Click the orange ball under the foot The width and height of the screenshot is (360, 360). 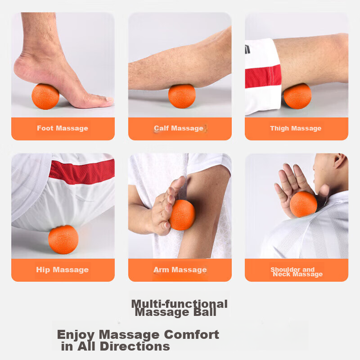pyautogui.click(x=45, y=96)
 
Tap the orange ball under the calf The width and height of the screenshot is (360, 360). pyautogui.click(x=182, y=96)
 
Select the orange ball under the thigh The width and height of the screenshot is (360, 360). pyautogui.click(x=297, y=96)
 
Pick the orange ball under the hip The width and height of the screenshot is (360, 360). pyautogui.click(x=63, y=240)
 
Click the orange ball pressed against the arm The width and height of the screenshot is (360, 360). pyautogui.click(x=182, y=215)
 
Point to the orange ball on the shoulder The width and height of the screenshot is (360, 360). pyautogui.click(x=303, y=204)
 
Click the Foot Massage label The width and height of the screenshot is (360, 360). pyautogui.click(x=63, y=128)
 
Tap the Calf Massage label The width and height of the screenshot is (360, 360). pyautogui.click(x=179, y=128)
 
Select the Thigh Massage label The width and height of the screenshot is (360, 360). pyautogui.click(x=296, y=128)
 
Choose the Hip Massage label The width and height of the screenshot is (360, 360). pyautogui.click(x=63, y=270)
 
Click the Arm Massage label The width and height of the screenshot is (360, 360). pyautogui.click(x=180, y=270)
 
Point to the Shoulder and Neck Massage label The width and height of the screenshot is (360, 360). pyautogui.click(x=297, y=272)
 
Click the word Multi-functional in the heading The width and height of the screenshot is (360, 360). pyautogui.click(x=179, y=304)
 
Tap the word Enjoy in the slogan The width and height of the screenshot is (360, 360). pyautogui.click(x=76, y=335)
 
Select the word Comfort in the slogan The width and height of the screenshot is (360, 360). pyautogui.click(x=192, y=334)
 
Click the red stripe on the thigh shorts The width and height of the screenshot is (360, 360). pyautogui.click(x=263, y=76)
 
